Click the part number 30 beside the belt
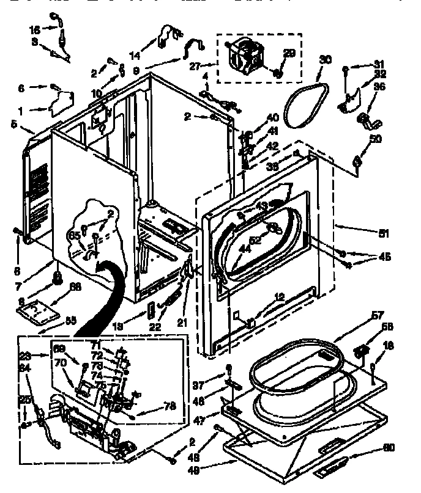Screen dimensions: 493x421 click(326, 60)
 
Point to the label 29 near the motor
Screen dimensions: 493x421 click(289, 54)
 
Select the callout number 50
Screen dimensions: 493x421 click(374, 139)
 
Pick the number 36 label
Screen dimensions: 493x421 click(379, 87)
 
